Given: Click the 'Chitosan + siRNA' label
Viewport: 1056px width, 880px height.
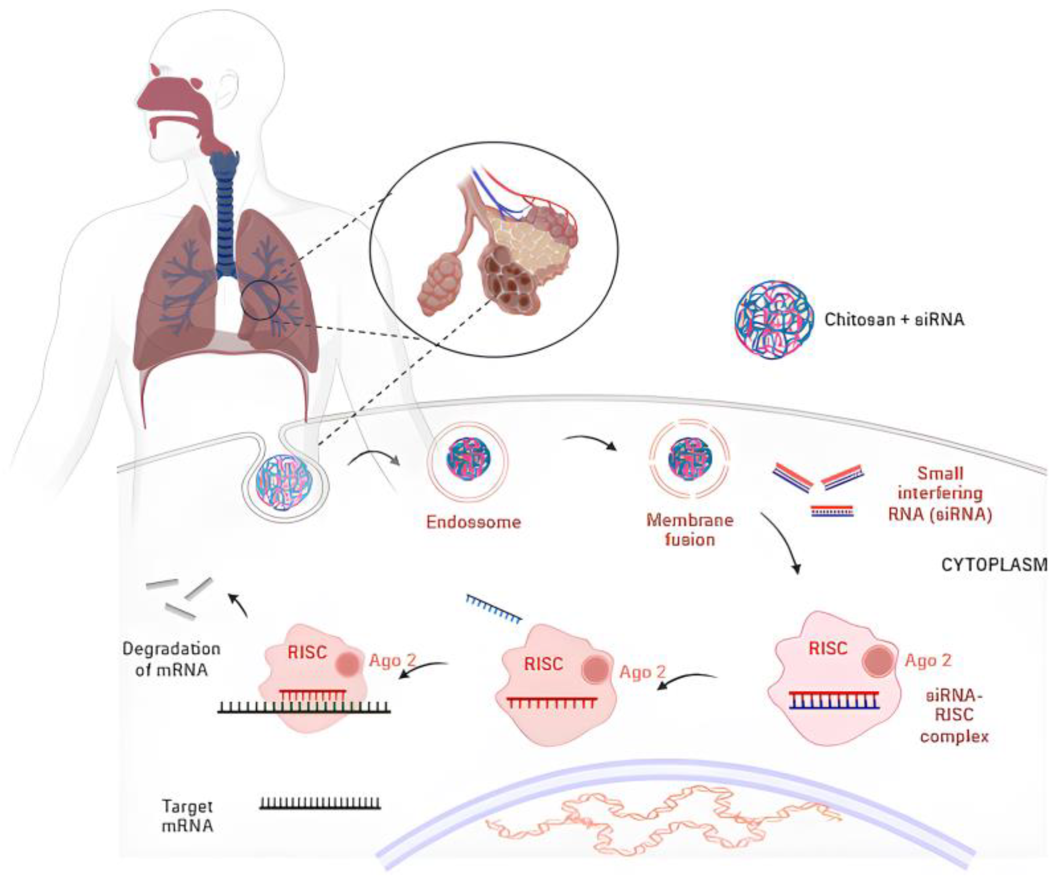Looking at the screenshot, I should tap(894, 319).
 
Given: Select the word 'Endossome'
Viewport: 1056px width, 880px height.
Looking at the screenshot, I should tap(473, 522).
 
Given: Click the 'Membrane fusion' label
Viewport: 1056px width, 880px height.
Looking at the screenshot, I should tap(690, 530).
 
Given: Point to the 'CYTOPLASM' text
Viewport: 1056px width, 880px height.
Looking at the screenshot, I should tap(993, 565).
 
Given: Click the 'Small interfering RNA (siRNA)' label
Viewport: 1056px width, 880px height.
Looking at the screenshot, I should tap(940, 494).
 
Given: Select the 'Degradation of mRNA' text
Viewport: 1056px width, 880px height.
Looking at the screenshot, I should tap(171, 659).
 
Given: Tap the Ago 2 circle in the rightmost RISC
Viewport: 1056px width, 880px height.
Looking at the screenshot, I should tap(878, 660).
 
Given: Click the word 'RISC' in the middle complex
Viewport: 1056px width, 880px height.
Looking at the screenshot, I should tap(543, 664).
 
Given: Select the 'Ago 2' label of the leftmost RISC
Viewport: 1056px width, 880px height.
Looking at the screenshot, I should tap(392, 660).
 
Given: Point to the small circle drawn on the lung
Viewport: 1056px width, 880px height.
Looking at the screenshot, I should tap(259, 300).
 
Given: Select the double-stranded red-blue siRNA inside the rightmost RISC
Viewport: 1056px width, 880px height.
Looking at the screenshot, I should tap(834, 700).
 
